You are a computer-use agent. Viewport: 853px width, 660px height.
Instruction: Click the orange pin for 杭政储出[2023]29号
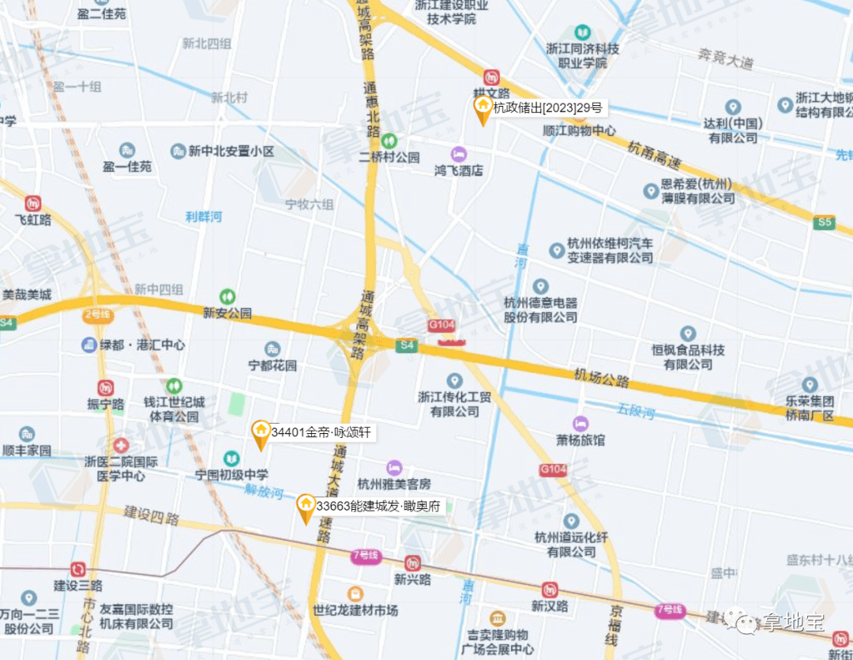[482, 109]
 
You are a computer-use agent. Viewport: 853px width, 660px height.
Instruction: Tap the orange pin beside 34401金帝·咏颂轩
[260, 433]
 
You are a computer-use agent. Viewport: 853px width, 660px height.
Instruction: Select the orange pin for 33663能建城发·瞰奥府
[306, 507]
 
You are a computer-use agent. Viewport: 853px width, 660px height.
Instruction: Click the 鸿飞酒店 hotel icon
[458, 153]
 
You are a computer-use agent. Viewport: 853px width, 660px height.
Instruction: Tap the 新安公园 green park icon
[227, 296]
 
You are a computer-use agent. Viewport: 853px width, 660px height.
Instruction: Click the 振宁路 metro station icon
[106, 387]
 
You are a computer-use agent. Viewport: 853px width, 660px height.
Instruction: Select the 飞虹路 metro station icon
[33, 203]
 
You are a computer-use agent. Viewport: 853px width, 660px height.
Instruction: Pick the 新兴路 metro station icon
[412, 563]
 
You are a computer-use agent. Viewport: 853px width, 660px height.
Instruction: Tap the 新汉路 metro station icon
[550, 590]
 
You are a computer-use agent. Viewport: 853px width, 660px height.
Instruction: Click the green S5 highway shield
[825, 223]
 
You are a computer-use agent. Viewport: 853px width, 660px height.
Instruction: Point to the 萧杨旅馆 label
[581, 439]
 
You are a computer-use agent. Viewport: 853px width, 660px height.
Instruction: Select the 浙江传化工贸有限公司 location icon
[454, 380]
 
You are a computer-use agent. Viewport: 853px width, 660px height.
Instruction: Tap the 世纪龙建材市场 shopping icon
[355, 594]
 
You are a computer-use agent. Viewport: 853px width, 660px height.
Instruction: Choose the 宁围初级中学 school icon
[231, 458]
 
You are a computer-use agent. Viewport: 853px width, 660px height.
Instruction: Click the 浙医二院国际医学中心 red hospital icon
[120, 447]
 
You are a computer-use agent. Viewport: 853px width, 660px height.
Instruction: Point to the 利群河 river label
[204, 216]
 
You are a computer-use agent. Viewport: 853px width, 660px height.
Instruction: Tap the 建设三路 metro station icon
[77, 569]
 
